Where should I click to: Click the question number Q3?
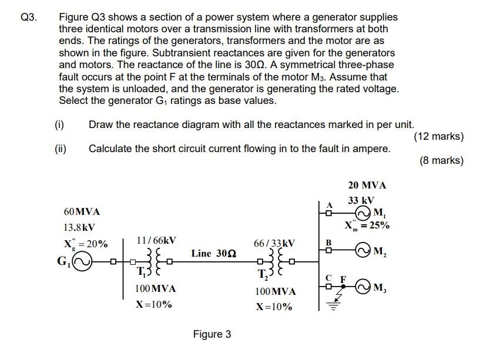pos(28,18)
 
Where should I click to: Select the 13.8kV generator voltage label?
pos(79,227)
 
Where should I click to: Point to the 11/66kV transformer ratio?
pos(156,240)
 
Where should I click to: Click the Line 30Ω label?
pos(214,253)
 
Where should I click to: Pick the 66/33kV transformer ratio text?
pos(274,243)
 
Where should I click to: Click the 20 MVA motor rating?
pos(367,185)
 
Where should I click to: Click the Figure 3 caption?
pos(212,334)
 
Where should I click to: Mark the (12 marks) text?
pos(438,136)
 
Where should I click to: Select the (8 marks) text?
pos(442,160)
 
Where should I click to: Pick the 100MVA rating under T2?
pos(276,291)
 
